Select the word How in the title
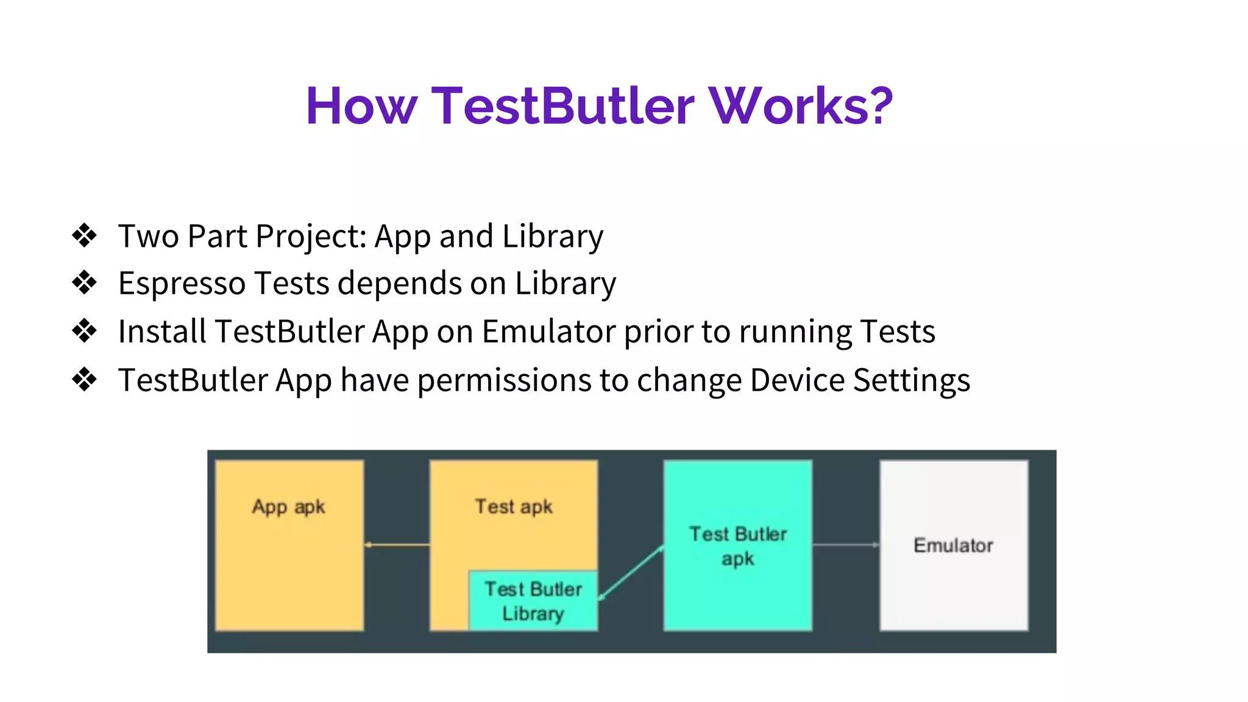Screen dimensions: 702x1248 point(361,106)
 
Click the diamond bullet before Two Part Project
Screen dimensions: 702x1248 point(84,235)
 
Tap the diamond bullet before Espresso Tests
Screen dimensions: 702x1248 point(84,283)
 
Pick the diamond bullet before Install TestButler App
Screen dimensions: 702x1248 point(84,331)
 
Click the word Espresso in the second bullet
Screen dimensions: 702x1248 point(182,284)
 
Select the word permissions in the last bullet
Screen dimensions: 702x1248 point(505,381)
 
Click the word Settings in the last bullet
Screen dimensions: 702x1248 point(911,381)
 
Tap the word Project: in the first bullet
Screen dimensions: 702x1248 point(311,236)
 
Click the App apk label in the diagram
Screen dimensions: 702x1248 point(289,506)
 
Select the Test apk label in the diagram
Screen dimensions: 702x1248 point(514,506)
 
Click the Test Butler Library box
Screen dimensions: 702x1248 point(533,601)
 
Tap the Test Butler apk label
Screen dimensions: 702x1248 point(737,546)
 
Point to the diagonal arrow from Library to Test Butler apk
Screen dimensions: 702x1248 point(631,573)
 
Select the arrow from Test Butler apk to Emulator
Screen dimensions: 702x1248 point(846,545)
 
